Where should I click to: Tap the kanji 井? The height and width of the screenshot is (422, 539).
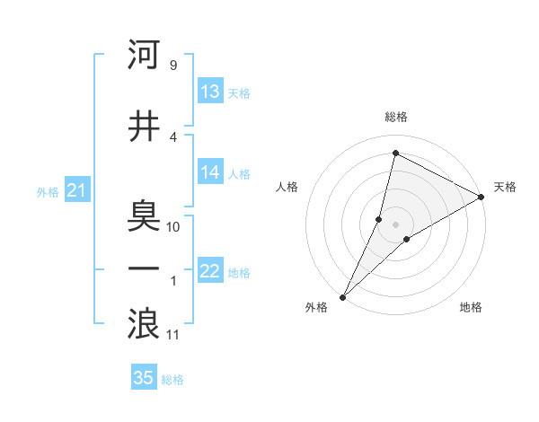click(143, 127)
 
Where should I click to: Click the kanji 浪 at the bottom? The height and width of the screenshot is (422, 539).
click(143, 323)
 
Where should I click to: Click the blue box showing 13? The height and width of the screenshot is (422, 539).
click(210, 92)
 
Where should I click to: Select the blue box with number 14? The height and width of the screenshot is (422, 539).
click(210, 173)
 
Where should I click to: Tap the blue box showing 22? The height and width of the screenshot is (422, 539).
click(210, 272)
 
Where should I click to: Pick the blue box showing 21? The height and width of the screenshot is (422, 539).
click(77, 191)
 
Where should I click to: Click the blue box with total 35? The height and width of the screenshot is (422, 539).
click(144, 378)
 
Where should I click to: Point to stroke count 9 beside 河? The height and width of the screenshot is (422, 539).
click(172, 66)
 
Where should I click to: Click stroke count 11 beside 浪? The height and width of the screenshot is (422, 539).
click(174, 335)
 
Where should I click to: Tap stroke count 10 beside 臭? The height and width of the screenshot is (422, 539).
click(174, 227)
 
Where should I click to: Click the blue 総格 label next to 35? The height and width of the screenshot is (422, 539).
click(172, 380)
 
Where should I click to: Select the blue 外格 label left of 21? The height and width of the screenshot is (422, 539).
click(48, 192)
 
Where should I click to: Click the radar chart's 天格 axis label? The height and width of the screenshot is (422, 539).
click(505, 187)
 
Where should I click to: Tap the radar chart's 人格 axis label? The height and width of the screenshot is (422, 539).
click(287, 187)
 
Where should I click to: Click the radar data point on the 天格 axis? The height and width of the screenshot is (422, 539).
click(482, 197)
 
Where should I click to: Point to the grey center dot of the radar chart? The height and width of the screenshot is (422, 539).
click(395, 224)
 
